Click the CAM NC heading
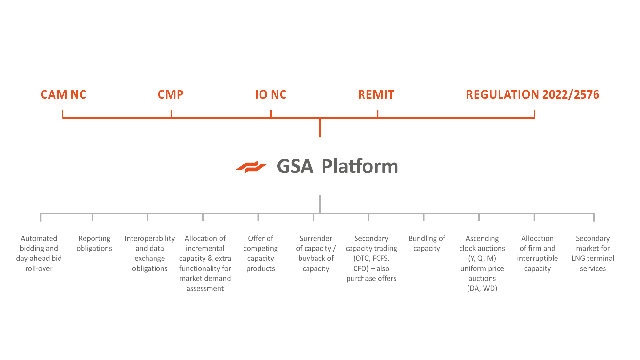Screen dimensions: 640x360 click(x=63, y=94)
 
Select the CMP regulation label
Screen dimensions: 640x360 click(x=171, y=94)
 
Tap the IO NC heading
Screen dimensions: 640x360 click(x=271, y=94)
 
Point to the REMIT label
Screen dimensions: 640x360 click(x=376, y=94)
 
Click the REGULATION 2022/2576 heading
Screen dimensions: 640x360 click(x=532, y=94)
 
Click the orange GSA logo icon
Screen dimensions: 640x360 click(x=252, y=167)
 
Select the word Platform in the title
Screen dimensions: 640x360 click(x=360, y=166)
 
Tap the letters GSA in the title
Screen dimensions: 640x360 click(x=295, y=166)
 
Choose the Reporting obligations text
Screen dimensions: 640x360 click(x=94, y=244)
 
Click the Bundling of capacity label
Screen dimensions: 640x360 click(x=427, y=244)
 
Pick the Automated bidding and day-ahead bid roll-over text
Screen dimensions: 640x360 click(x=39, y=253)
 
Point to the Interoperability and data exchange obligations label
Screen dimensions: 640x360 click(x=150, y=253)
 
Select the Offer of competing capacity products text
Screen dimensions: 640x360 click(x=260, y=253)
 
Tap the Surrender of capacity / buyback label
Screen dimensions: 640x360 click(x=316, y=253)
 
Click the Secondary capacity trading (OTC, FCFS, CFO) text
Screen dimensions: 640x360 click(x=371, y=258)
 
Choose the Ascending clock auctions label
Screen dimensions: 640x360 click(x=482, y=263)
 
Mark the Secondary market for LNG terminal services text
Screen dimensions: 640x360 click(x=593, y=253)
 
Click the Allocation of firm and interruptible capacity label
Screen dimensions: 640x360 click(x=538, y=253)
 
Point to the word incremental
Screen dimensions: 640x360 click(x=205, y=248)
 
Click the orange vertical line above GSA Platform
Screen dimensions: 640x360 click(x=320, y=128)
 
